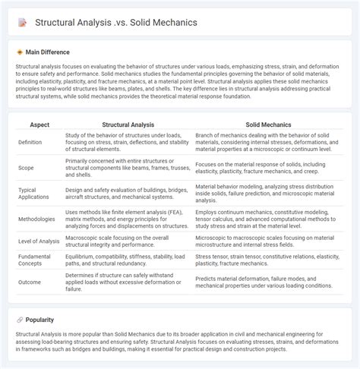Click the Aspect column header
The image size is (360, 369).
(39, 124)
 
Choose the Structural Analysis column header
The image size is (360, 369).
(126, 124)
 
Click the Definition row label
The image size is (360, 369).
(30, 142)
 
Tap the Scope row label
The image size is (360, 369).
(26, 167)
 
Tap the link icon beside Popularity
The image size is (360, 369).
(20, 321)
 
